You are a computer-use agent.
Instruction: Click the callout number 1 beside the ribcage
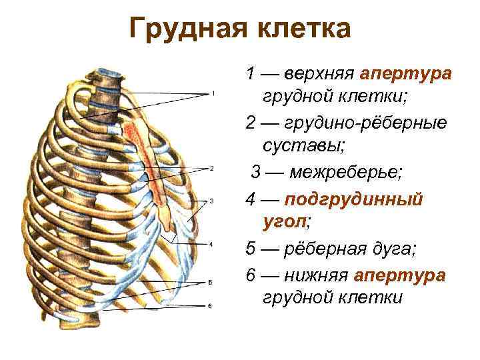click(x=213, y=93)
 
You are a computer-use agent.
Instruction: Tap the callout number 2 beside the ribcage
click(x=211, y=168)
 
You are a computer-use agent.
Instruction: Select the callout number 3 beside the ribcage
click(x=211, y=201)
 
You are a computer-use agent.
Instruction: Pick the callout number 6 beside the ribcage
click(x=209, y=306)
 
